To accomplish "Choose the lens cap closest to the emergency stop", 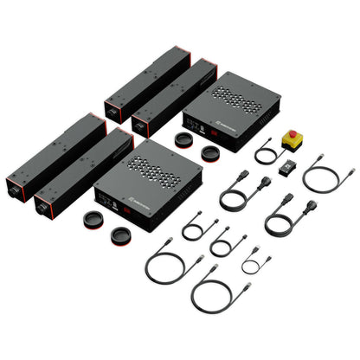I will tap(209, 151).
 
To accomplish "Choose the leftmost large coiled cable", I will tap(162, 265).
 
